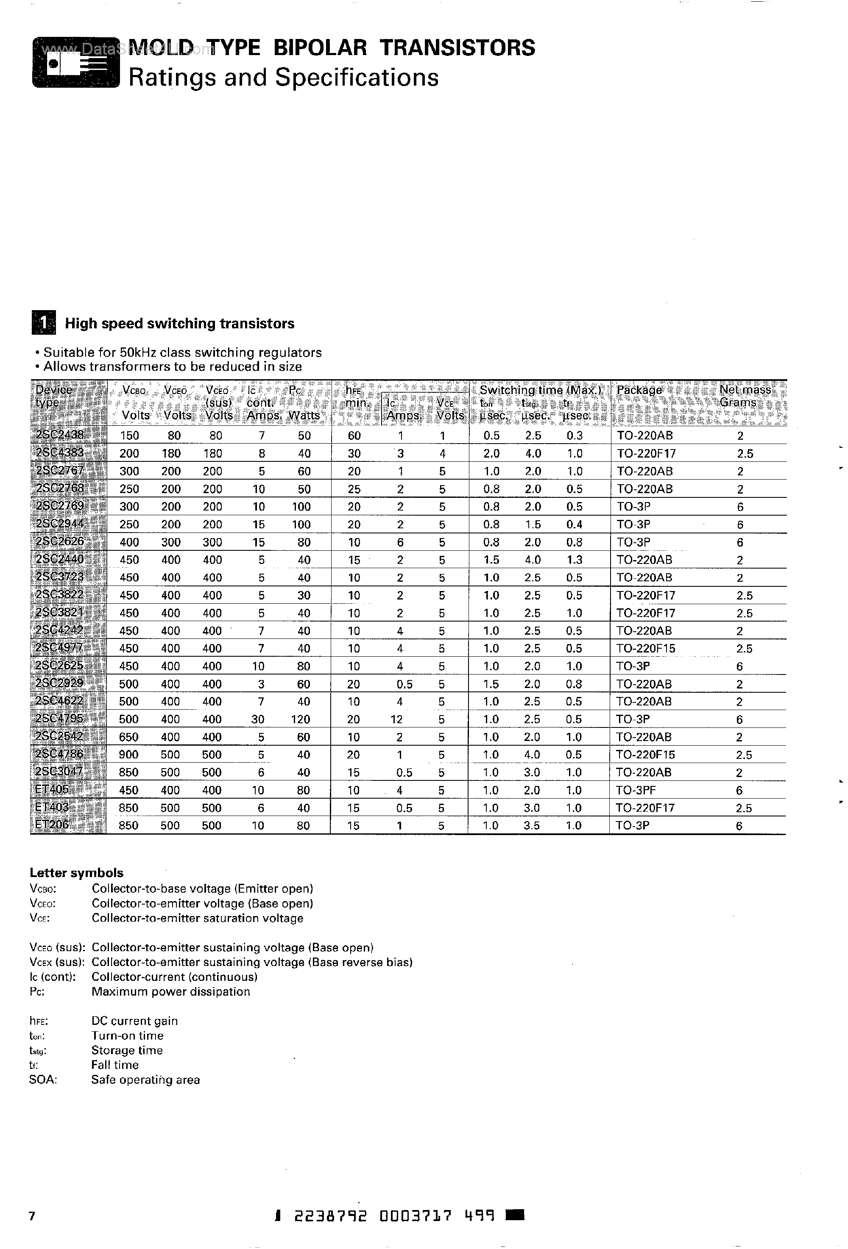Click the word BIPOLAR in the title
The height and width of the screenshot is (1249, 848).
pos(320,48)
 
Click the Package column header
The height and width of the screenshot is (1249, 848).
pos(639,390)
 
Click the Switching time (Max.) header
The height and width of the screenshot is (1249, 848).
pos(543,390)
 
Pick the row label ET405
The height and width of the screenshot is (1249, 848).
pos(49,789)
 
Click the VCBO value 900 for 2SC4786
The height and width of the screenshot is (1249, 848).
pos(129,755)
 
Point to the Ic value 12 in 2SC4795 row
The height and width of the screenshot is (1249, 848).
pos(396,719)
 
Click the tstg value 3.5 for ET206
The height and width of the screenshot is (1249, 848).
pos(531,825)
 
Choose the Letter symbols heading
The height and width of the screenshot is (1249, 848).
pos(76,873)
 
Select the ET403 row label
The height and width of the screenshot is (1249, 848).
pos(49,807)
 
